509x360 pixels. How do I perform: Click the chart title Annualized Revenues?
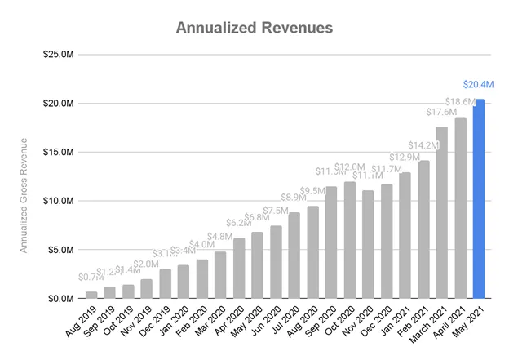(x=254, y=28)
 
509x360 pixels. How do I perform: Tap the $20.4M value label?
(x=477, y=84)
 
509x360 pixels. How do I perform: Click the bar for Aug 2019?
(x=91, y=295)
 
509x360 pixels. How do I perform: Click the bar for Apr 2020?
(x=239, y=268)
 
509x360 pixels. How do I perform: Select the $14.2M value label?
(x=423, y=146)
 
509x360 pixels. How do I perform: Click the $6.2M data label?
(x=236, y=223)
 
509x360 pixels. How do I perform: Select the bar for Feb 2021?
(x=423, y=229)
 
